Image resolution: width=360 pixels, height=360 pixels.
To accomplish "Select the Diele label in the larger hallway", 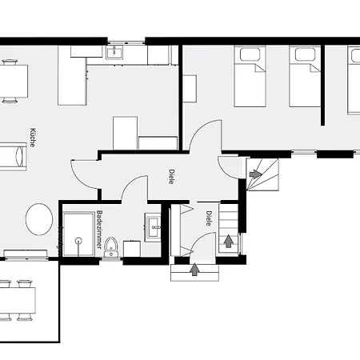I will coord(171,176).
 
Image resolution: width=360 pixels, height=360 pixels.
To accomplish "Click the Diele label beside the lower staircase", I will coord(208,218).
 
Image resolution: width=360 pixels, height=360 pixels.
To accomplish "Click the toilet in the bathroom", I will coord(112,246).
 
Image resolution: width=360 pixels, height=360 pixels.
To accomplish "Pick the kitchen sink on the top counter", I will coord(114,53).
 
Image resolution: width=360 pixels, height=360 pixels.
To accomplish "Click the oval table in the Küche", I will coord(39,218).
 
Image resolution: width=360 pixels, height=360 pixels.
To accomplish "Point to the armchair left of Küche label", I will coord(15,157).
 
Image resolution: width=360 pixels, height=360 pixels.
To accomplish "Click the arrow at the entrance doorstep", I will coord(194,270).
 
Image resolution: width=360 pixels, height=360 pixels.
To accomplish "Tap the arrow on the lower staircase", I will coord(229,240).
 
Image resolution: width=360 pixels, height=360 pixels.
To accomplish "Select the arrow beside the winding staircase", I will coord(254,174).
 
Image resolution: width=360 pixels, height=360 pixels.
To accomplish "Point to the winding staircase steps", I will coord(266,170).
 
